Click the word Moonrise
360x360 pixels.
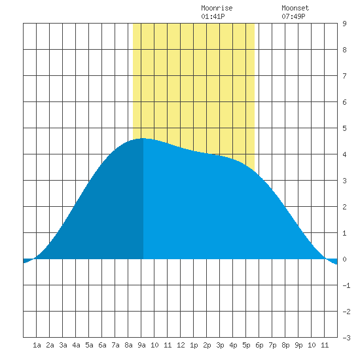[x=217, y=8]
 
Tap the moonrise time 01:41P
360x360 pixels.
[x=213, y=16]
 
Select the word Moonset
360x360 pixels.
[x=295, y=8]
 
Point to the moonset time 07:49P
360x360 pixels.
[x=293, y=16]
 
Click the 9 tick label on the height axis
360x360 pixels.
[x=344, y=24]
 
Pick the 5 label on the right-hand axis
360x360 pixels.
[x=344, y=128]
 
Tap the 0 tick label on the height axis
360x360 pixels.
[x=344, y=259]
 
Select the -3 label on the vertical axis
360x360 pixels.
[x=346, y=338]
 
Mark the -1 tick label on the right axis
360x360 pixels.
[x=346, y=285]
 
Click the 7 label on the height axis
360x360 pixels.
[x=344, y=76]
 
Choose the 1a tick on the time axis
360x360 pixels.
[x=37, y=345]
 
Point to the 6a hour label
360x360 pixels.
[x=102, y=345]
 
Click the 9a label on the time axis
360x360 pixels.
[x=141, y=345]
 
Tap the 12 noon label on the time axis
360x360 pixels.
[x=181, y=345]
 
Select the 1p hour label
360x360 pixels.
[x=194, y=345]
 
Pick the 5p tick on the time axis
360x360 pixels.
[x=246, y=345]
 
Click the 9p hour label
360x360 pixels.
[x=298, y=345]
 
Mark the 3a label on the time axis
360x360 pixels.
[x=63, y=345]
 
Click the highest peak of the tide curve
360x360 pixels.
[x=143, y=139]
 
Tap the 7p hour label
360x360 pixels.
[x=272, y=345]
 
